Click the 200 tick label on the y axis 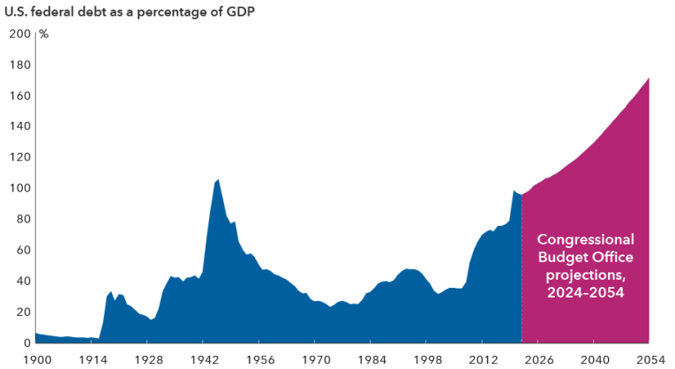[x=19, y=34]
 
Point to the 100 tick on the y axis [x=19, y=188]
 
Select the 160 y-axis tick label [x=19, y=95]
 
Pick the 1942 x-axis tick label [x=203, y=359]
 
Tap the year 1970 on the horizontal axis [x=314, y=359]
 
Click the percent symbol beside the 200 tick [x=43, y=34]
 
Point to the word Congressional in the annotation [x=586, y=240]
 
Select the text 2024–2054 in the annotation [x=586, y=293]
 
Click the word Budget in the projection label [x=562, y=258]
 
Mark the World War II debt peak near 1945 [x=217, y=179]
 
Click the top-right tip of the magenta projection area [x=649, y=79]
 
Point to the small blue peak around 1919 [x=110, y=291]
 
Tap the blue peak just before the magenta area [x=514, y=191]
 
